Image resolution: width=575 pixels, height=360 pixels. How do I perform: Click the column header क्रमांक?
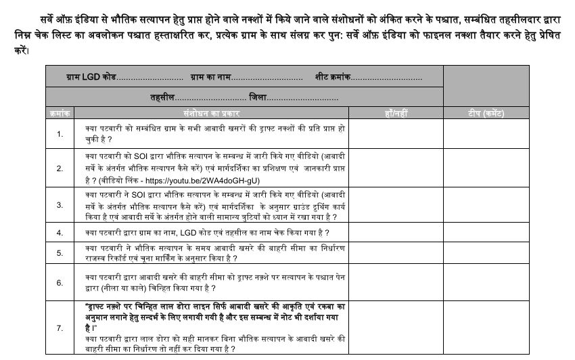point(60,113)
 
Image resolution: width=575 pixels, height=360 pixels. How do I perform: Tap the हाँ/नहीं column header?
point(396,113)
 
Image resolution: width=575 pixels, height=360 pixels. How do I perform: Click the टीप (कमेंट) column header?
point(486,113)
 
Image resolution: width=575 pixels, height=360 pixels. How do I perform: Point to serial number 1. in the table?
point(60,134)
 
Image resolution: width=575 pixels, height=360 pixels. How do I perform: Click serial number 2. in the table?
point(60,168)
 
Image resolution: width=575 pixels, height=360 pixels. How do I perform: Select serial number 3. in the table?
point(60,204)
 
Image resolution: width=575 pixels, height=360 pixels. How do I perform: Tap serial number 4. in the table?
point(60,233)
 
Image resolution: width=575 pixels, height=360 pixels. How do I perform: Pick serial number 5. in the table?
point(60,253)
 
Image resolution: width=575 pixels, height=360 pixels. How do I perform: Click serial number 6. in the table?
point(60,282)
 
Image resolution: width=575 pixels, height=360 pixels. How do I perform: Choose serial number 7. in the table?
point(60,328)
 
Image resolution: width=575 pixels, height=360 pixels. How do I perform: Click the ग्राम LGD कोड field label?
point(91,78)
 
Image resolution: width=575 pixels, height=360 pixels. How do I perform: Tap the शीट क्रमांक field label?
point(332,78)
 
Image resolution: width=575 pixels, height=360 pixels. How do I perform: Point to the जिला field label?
point(258,98)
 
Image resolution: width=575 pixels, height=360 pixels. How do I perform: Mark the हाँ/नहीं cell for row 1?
point(396,134)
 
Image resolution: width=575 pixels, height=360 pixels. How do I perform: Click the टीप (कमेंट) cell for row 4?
point(486,233)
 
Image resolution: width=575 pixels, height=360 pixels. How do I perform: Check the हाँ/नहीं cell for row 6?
point(396,282)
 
